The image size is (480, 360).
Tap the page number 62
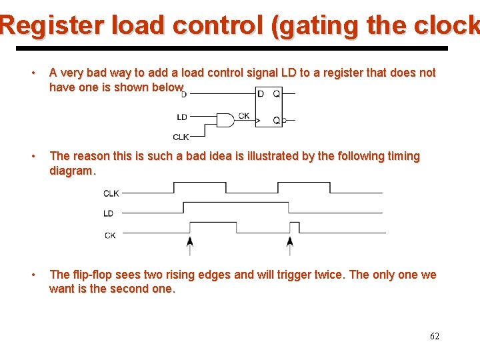(435, 337)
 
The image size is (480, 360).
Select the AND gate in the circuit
(225, 120)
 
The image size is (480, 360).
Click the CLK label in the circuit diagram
(181, 137)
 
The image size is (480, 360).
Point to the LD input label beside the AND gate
(182, 117)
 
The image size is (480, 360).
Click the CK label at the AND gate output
(244, 116)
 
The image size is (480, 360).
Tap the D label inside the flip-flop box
(261, 94)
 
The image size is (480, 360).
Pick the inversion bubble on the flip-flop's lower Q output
(284, 121)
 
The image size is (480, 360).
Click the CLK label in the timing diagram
(111, 193)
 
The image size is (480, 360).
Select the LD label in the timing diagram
(109, 214)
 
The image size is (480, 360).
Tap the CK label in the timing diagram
(110, 235)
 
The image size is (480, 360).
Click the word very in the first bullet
(75, 73)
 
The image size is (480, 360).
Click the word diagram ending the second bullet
(71, 171)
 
